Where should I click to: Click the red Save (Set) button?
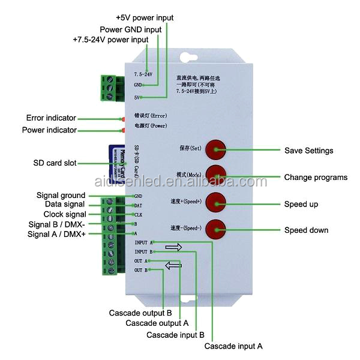tap(215, 149)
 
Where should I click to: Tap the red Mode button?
tap(215, 174)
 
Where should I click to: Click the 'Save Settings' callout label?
tap(308, 151)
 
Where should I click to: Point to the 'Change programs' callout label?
tap(316, 178)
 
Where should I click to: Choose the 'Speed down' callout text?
tap(306, 230)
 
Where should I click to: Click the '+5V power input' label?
tap(144, 18)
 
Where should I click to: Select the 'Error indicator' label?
tap(51, 118)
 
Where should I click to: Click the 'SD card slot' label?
tap(55, 163)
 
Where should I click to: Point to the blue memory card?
tap(115, 161)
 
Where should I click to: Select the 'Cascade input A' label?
tap(233, 346)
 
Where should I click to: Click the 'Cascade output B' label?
tap(140, 313)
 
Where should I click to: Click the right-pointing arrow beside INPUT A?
tap(173, 247)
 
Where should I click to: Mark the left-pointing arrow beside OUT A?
tap(173, 265)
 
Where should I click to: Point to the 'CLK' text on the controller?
tap(138, 214)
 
